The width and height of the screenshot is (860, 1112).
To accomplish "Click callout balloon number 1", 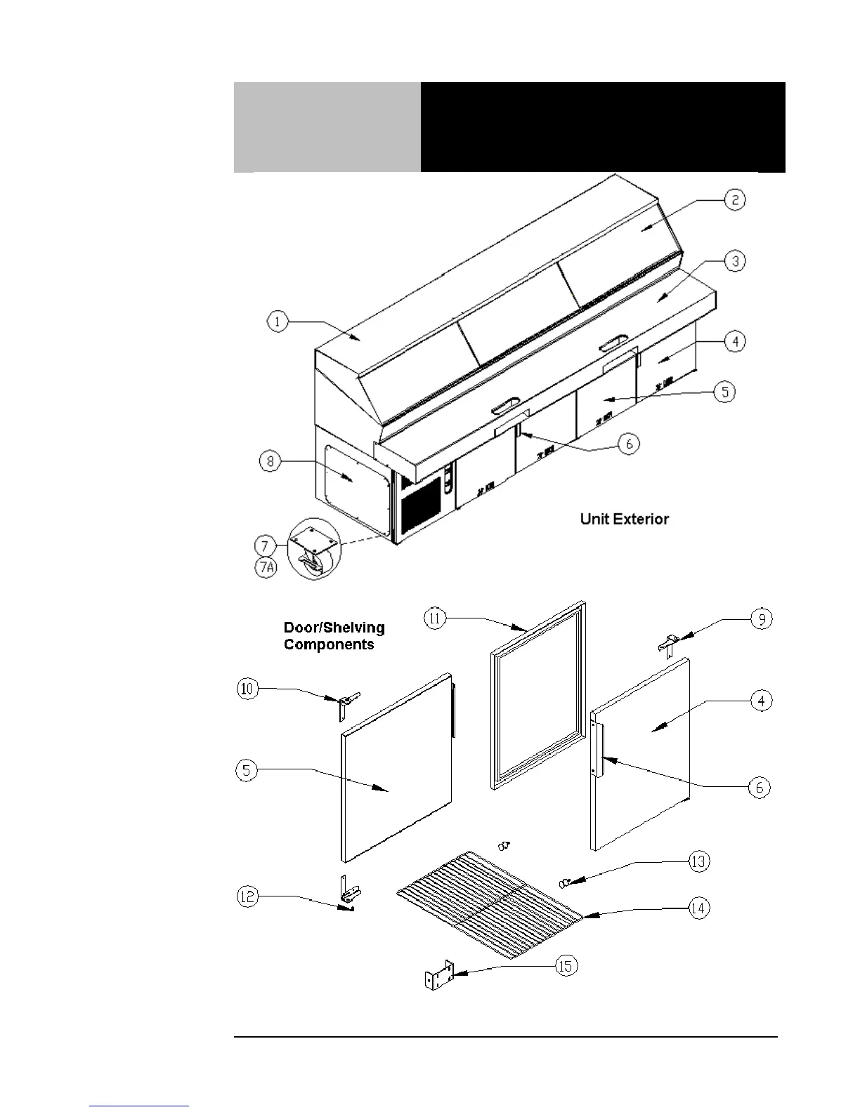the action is pyautogui.click(x=278, y=322).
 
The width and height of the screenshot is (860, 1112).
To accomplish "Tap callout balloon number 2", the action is pyautogui.click(x=734, y=200).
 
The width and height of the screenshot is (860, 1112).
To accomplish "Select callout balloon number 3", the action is pyautogui.click(x=734, y=262).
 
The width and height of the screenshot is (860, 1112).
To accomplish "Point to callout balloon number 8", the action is pyautogui.click(x=270, y=461).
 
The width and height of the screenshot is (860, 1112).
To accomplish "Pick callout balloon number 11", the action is pyautogui.click(x=435, y=619).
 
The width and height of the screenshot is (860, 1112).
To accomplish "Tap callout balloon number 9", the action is pyautogui.click(x=761, y=619).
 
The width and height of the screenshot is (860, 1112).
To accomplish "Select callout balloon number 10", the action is pyautogui.click(x=247, y=689).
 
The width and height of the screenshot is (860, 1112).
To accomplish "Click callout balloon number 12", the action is pyautogui.click(x=247, y=897).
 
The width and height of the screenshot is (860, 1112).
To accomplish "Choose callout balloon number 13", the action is pyautogui.click(x=698, y=861).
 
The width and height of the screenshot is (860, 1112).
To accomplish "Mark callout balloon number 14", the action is pyautogui.click(x=698, y=908).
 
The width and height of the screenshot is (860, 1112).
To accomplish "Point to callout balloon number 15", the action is pyautogui.click(x=566, y=966).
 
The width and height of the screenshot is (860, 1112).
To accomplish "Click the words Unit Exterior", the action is pyautogui.click(x=624, y=519).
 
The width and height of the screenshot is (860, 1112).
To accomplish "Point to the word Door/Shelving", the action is pyautogui.click(x=334, y=628).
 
